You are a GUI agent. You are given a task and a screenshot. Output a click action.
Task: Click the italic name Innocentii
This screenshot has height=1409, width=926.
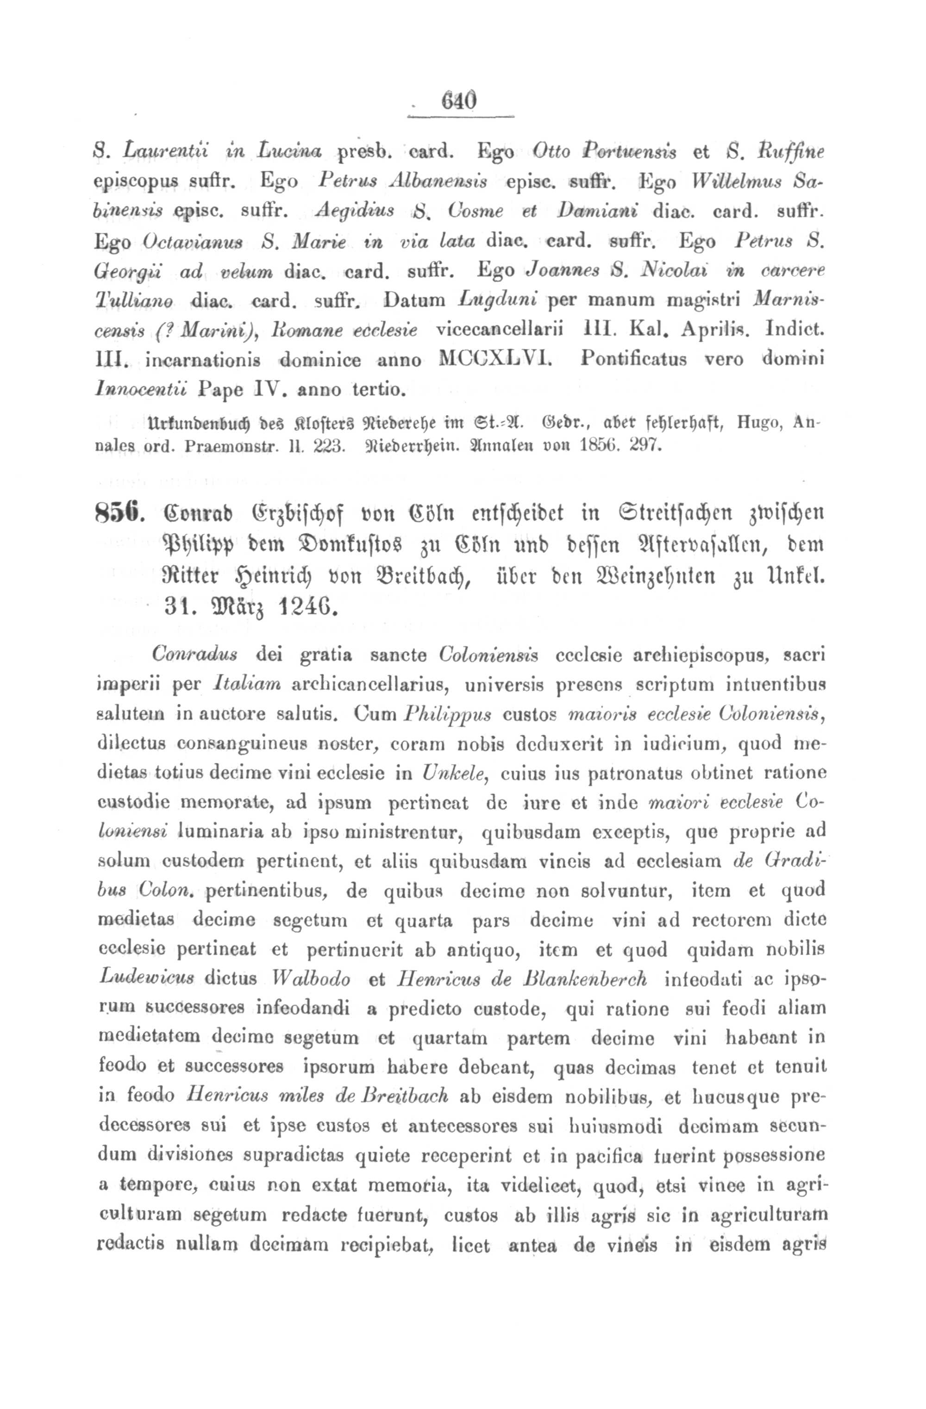tap(140, 390)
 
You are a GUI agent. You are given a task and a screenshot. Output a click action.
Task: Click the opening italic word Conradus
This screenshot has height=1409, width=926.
tap(195, 655)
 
